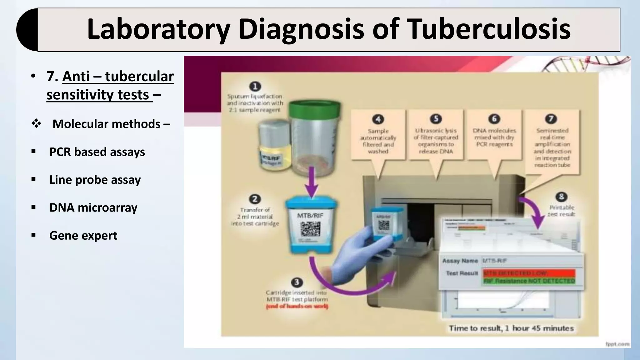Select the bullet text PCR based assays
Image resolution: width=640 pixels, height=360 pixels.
point(97,152)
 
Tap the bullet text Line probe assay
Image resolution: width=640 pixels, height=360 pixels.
point(95,180)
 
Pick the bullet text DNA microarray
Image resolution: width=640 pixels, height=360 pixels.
point(93,207)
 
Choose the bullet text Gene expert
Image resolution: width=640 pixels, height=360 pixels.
point(83,235)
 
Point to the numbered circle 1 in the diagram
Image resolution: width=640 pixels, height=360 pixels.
point(255,87)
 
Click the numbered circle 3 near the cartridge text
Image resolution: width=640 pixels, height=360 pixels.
point(296,282)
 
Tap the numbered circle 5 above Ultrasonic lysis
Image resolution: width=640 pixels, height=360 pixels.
point(436,119)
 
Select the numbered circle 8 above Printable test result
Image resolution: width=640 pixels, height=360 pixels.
point(561,197)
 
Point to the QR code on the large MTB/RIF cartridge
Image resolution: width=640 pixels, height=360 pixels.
point(310,229)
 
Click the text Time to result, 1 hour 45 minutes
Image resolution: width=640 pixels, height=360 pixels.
point(511,328)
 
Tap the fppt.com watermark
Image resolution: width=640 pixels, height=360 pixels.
point(617,344)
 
